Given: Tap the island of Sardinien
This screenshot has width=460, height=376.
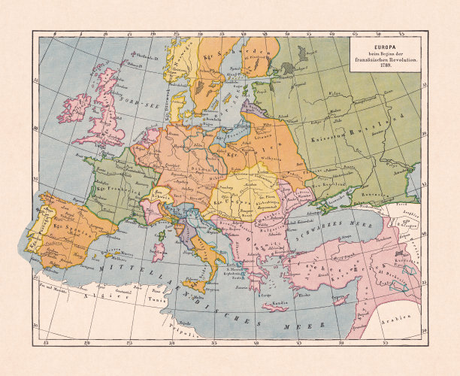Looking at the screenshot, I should [159, 251].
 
